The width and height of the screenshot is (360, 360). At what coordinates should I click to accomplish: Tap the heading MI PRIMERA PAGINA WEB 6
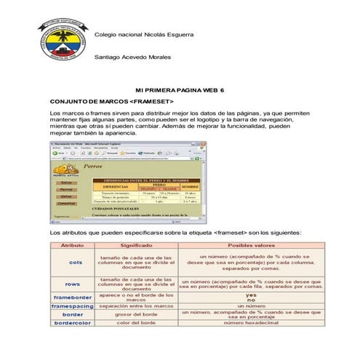point(180,90)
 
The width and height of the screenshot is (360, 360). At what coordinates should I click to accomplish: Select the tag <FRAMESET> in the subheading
point(152,101)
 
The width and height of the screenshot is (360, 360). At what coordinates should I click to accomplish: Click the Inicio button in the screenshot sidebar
point(65,182)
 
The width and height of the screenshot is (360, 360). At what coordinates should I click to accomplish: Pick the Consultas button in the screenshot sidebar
point(65,203)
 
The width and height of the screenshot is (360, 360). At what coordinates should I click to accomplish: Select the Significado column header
point(135,246)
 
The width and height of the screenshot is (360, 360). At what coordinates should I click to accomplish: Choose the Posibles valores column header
point(249,246)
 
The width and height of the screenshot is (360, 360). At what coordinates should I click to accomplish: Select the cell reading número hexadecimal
point(249,322)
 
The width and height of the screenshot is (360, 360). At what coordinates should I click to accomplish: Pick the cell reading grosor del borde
point(135,314)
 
